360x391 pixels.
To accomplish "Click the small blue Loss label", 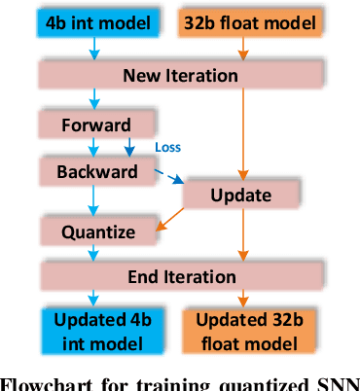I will [168, 147].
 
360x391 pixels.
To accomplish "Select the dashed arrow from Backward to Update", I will [161, 180].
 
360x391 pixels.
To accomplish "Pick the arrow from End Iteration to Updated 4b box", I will [93, 298].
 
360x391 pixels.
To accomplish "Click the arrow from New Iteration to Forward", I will [93, 98].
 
